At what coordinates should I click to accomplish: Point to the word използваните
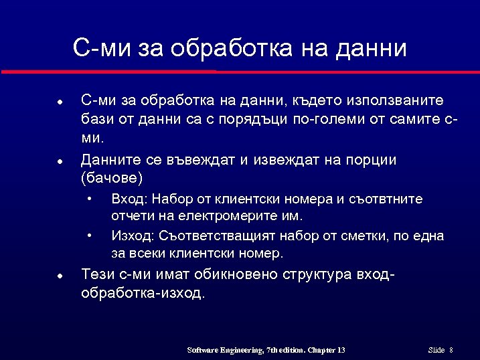click(394, 101)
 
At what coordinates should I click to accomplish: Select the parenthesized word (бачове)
click(112, 179)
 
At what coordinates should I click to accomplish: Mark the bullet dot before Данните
click(60, 161)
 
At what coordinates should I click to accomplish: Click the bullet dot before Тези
click(60, 276)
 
